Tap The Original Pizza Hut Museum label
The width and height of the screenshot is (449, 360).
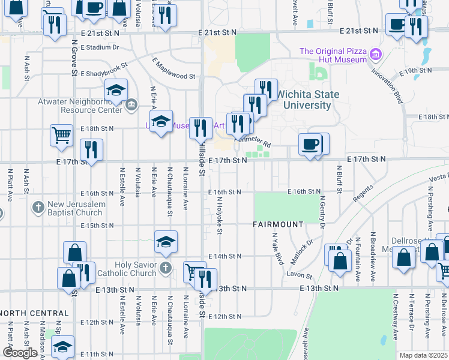click(333, 55)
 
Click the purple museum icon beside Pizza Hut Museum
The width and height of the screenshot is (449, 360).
click(376, 55)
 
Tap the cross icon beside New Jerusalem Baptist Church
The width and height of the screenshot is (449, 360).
click(38, 208)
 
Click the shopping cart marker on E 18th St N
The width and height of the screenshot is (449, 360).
click(61, 135)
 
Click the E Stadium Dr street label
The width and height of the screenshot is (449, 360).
click(100, 47)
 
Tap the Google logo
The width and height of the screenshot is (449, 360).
click(20, 353)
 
